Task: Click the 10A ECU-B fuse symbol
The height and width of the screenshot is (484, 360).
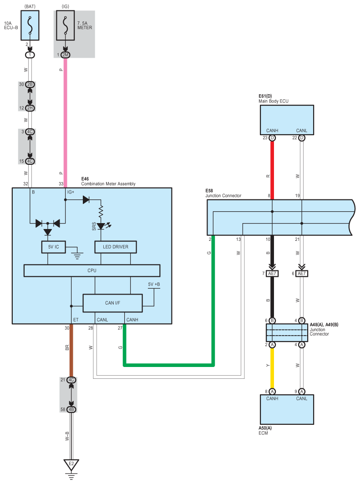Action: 30,26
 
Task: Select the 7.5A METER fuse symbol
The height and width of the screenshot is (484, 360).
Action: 65,26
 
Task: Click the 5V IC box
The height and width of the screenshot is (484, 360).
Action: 53,247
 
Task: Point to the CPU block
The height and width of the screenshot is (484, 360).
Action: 92,270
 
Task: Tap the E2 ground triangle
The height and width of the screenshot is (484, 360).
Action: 71,465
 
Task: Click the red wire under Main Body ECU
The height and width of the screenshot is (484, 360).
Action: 272,168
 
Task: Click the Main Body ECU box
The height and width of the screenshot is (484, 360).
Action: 287,120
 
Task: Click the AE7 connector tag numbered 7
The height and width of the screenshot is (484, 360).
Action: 272,274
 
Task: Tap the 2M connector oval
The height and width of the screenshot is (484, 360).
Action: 65,55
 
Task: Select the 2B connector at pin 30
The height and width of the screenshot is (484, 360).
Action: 30,85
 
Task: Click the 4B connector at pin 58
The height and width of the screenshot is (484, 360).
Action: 71,409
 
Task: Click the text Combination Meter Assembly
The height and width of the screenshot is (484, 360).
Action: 108,184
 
